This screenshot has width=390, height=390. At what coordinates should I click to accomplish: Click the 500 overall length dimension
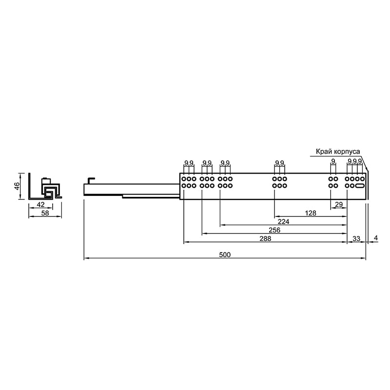click(x=225, y=254)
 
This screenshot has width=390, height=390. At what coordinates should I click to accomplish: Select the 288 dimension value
click(x=265, y=238)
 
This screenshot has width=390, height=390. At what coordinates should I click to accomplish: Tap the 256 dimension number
click(x=274, y=230)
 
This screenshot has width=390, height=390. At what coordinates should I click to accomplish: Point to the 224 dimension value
click(x=283, y=222)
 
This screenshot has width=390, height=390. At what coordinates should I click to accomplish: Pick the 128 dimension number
click(x=311, y=213)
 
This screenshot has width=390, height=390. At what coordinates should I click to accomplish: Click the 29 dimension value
click(x=339, y=204)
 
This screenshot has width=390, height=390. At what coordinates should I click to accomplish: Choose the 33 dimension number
click(x=356, y=238)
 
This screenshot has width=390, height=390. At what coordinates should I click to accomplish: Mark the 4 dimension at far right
click(x=376, y=238)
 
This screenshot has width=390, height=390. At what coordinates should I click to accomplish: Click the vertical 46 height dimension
click(x=17, y=186)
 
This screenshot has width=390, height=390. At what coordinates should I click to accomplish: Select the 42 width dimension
click(x=40, y=204)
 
